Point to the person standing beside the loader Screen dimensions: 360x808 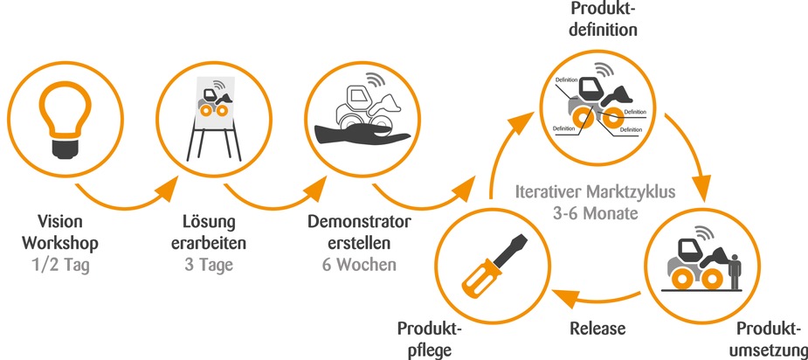tap(735, 264)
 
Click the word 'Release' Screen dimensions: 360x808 tap(599, 329)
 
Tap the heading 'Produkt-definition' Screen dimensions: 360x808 tap(602, 19)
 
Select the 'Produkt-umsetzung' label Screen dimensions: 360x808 tap(769, 341)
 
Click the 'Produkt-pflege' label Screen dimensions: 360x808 tap(429, 341)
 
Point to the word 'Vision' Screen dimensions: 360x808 tap(61, 220)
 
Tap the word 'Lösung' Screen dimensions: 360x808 tap(207, 220)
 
